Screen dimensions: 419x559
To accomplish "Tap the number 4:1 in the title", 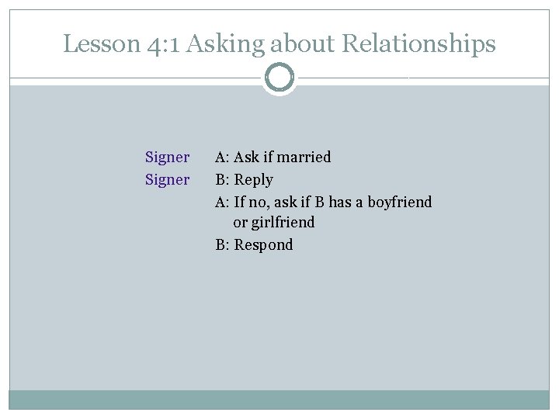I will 164,44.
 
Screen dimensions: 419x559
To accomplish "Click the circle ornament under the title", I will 279,78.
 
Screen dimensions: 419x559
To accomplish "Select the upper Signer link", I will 167,158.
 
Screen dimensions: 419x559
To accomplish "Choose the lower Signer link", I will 167,180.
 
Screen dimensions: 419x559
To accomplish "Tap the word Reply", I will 254,180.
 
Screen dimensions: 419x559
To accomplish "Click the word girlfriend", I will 283,223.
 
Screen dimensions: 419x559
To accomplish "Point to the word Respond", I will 264,245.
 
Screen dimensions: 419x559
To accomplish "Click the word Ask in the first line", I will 246,158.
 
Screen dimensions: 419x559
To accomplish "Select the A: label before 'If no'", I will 222,202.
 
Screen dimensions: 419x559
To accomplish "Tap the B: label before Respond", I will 222,245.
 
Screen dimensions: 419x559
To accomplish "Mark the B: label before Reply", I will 222,180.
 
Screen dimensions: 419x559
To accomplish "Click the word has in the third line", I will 340,202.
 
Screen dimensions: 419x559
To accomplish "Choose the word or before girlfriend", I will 240,223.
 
